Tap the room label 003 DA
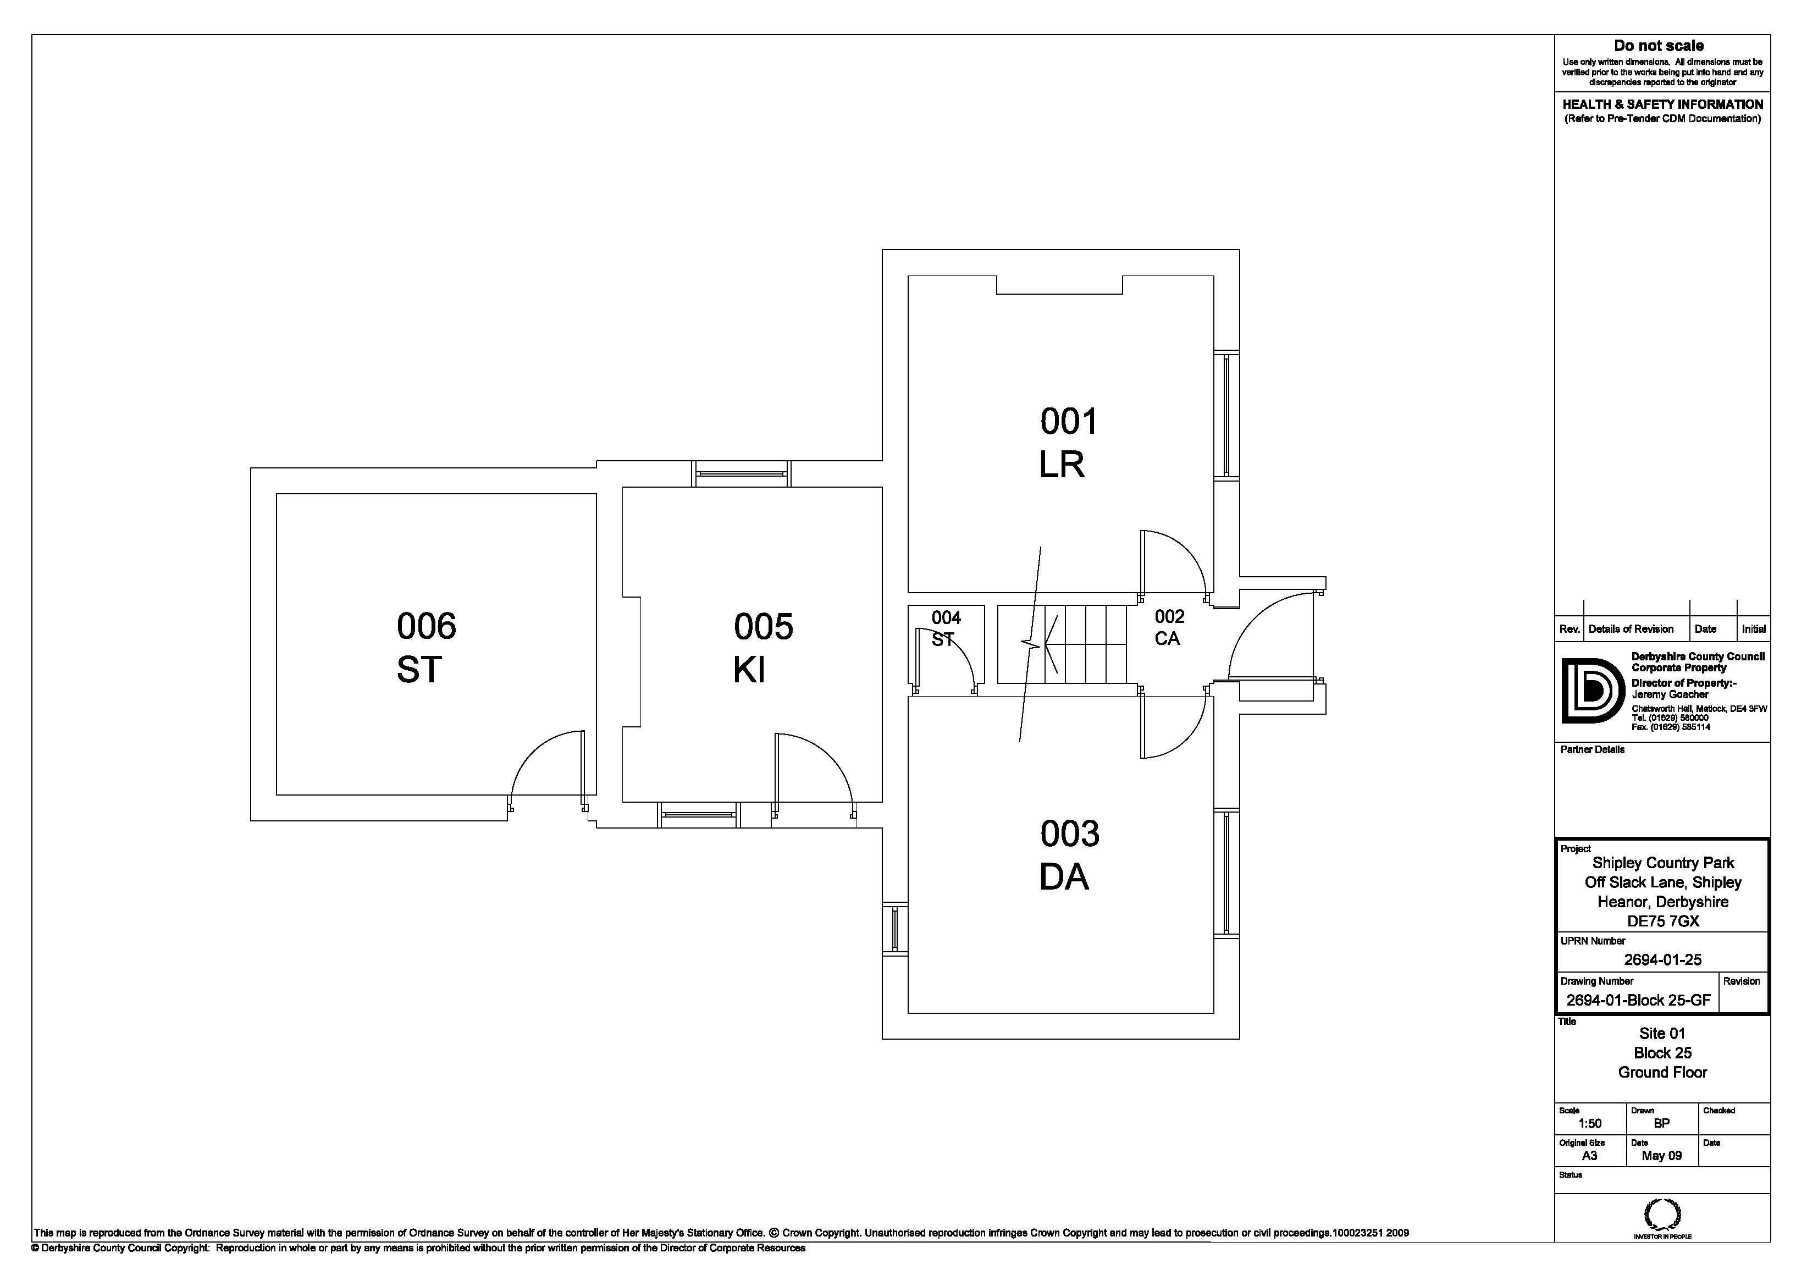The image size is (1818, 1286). pyautogui.click(x=1068, y=855)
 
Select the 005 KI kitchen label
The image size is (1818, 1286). pyautogui.click(x=762, y=648)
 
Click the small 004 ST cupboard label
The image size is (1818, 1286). pyautogui.click(x=946, y=628)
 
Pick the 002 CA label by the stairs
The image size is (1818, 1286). pyautogui.click(x=1168, y=627)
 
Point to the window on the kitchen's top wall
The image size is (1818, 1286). pyautogui.click(x=742, y=473)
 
